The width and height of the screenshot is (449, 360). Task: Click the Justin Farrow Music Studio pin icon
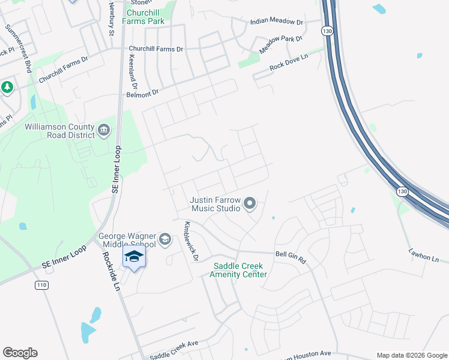[x=250, y=205]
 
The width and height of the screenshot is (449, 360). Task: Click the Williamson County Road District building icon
[x=104, y=130]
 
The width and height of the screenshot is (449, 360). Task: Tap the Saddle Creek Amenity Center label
[x=238, y=270]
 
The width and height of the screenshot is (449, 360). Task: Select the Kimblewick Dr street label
[x=191, y=241]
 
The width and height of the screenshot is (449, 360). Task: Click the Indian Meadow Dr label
[x=277, y=22]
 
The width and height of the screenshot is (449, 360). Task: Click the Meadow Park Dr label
[x=281, y=44]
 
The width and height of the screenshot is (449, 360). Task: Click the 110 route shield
[x=41, y=284]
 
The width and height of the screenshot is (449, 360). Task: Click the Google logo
[x=20, y=353]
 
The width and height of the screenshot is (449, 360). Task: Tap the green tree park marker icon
[x=7, y=88]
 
